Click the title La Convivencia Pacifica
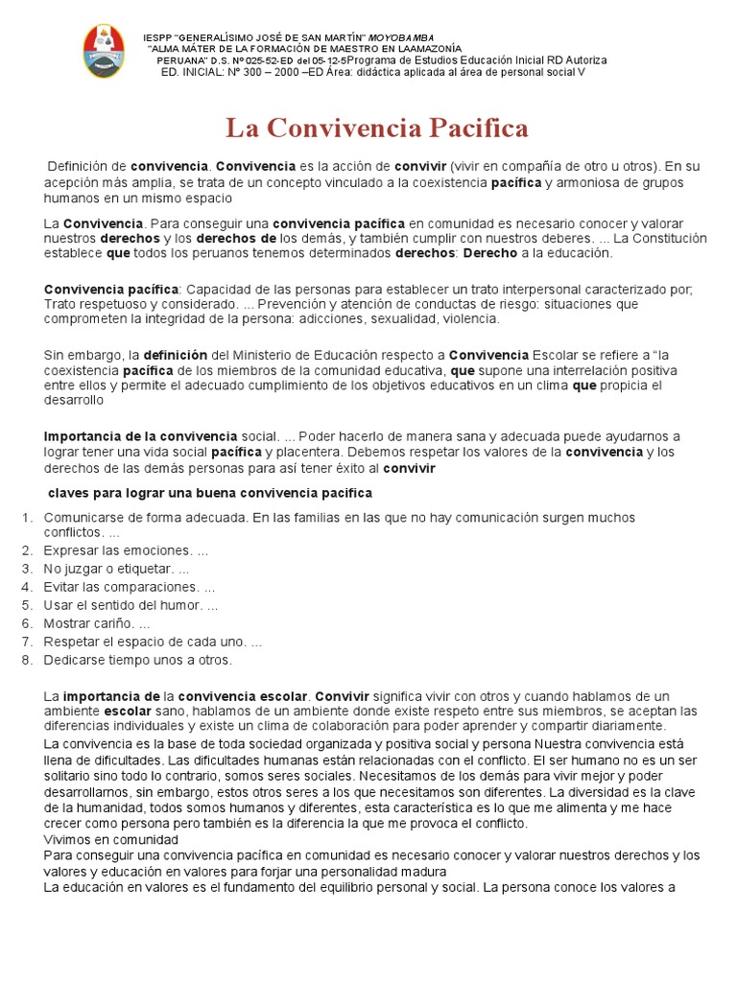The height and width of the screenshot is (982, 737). [376, 128]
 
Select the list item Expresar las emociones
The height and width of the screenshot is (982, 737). [125, 550]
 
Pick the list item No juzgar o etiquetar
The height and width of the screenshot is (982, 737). [116, 569]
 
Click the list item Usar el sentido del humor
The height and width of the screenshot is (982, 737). [131, 605]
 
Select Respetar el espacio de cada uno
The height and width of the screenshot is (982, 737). [153, 642]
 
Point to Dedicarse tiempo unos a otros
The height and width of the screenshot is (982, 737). [137, 660]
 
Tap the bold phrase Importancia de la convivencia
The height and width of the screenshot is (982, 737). [140, 436]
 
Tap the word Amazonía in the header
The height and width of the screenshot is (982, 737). [432, 48]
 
